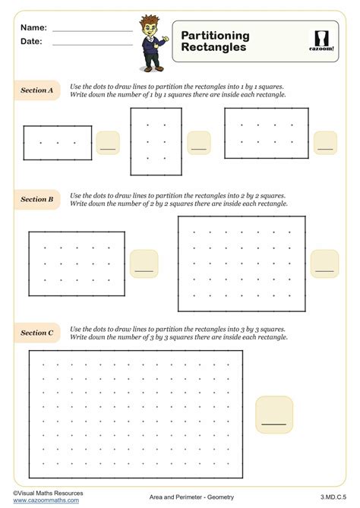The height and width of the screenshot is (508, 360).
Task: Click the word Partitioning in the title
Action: click(216, 36)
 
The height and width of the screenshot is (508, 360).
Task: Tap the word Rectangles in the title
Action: click(213, 47)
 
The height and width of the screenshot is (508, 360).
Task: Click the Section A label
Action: click(36, 90)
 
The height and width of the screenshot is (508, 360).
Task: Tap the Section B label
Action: click(36, 199)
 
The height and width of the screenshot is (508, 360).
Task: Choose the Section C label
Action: click(36, 333)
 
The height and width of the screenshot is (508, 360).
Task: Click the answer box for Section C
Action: click(274, 414)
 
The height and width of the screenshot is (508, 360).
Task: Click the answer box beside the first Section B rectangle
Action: click(144, 263)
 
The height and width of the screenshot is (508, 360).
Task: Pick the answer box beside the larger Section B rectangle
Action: click(324, 263)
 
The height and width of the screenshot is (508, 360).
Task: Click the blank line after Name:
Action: click(93, 30)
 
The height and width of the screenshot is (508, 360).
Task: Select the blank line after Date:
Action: click(93, 45)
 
